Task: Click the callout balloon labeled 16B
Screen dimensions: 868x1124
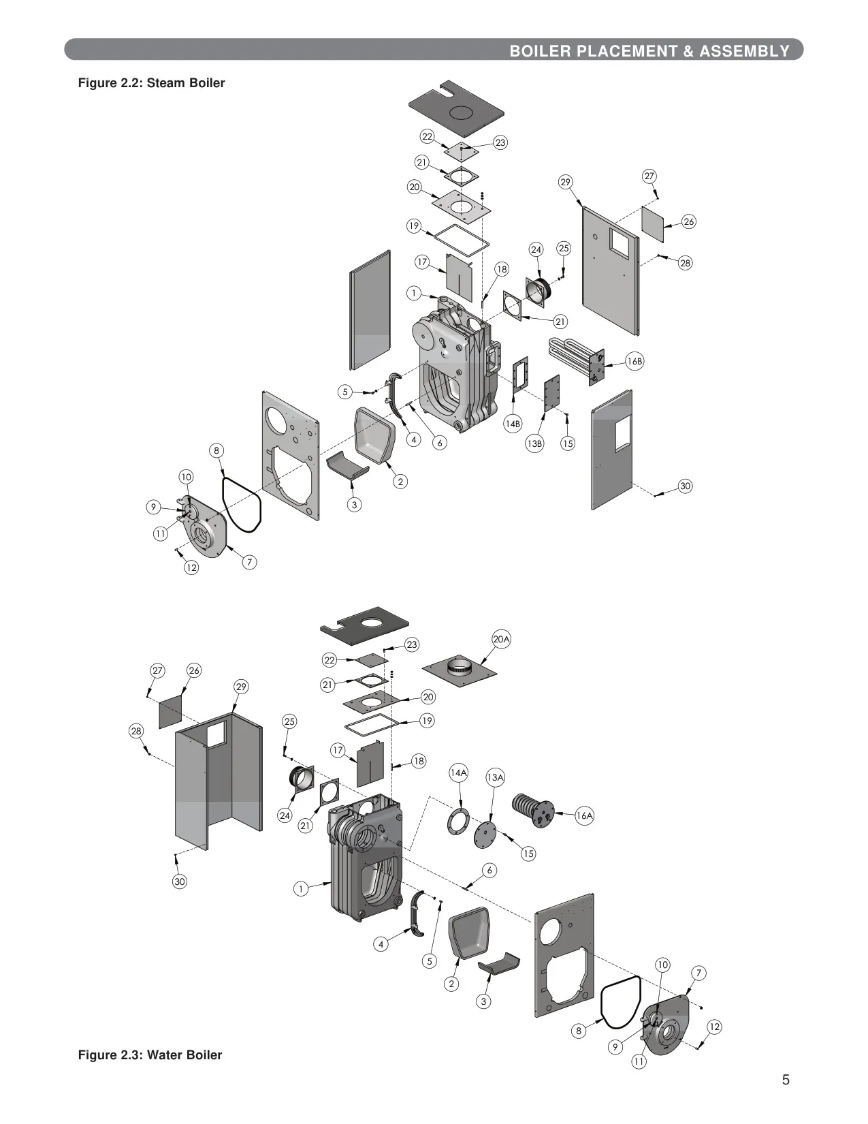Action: [634, 361]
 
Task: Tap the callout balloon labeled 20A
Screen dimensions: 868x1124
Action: [501, 640]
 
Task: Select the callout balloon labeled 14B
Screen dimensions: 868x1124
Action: [513, 424]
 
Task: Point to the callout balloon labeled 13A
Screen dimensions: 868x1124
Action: [495, 777]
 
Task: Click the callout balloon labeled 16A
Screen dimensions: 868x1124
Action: [584, 815]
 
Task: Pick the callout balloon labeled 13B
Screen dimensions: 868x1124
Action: [534, 443]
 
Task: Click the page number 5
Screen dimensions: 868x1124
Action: [785, 1080]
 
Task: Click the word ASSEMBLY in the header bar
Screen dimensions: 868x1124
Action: [745, 51]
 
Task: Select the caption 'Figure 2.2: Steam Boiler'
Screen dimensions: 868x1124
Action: [151, 82]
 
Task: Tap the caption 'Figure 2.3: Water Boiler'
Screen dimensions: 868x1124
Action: [150, 1055]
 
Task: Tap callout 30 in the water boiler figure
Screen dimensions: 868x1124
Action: [180, 881]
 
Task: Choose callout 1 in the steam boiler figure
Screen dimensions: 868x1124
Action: [414, 294]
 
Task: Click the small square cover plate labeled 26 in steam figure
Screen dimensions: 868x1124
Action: [652, 224]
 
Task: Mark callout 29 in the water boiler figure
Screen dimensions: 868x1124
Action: [241, 687]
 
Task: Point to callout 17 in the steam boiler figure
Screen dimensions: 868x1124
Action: [422, 262]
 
